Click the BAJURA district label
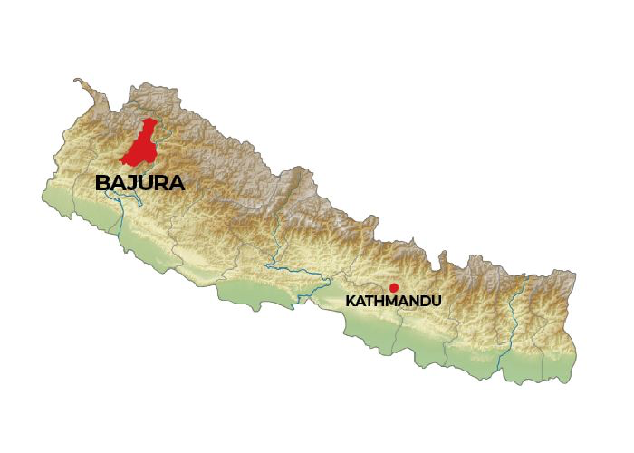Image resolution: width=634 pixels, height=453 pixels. (x=139, y=183)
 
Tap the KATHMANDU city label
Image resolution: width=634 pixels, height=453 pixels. (x=393, y=300)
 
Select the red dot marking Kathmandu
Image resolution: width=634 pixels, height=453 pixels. (x=393, y=287)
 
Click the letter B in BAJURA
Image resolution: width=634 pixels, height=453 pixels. (x=102, y=183)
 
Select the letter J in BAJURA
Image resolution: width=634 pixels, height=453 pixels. (x=132, y=183)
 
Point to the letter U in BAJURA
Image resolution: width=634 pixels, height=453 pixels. (x=146, y=183)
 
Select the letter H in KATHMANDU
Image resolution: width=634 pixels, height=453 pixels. (x=380, y=300)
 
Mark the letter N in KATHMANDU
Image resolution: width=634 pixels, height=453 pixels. (x=415, y=300)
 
